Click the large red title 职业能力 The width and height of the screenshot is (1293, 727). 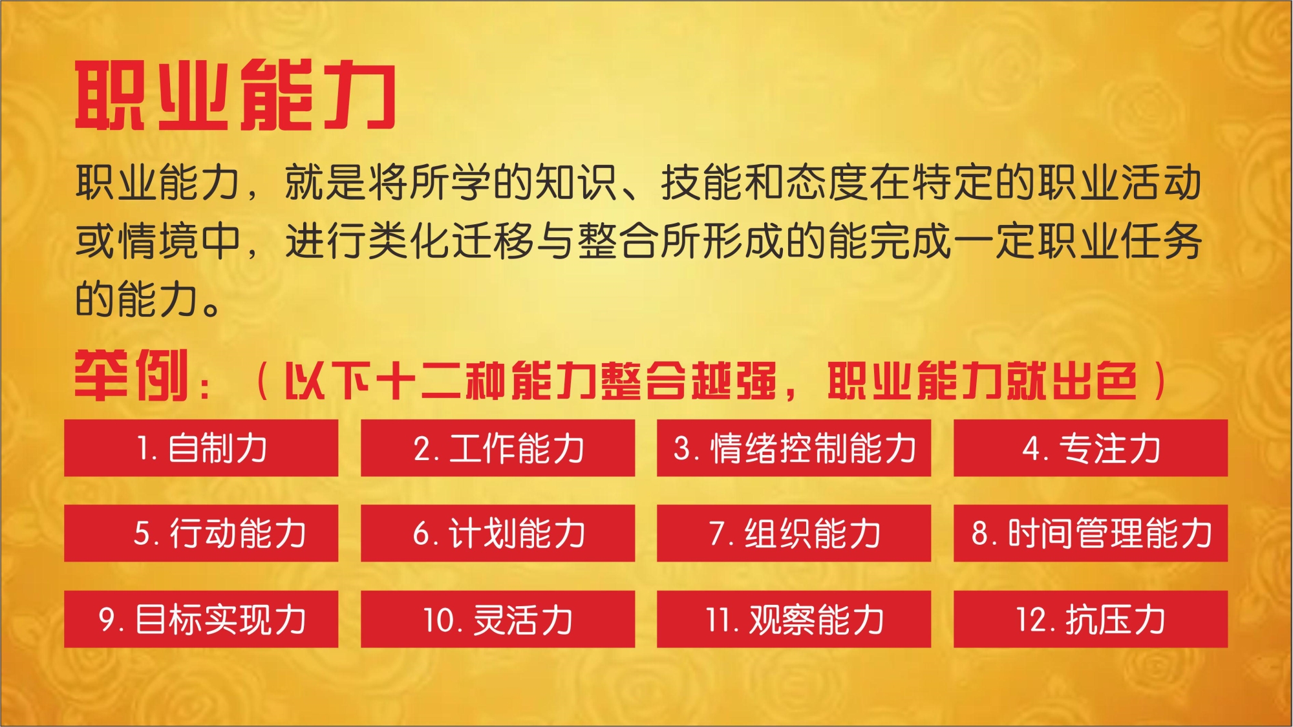(x=236, y=95)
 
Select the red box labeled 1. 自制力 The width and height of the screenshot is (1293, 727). (x=201, y=448)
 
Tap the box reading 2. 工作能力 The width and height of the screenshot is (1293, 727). (x=498, y=448)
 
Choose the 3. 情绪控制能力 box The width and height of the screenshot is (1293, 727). (x=794, y=448)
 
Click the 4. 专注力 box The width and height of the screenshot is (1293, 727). (x=1091, y=448)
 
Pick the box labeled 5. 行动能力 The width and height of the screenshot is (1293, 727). (x=201, y=533)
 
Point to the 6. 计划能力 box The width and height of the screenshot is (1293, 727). (x=498, y=533)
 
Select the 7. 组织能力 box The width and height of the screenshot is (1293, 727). (x=794, y=533)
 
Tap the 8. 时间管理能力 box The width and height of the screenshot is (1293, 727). (x=1091, y=533)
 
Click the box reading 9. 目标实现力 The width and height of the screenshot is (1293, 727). (x=201, y=619)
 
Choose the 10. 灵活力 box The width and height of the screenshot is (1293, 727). (x=498, y=619)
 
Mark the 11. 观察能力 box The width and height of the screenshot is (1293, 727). (x=794, y=619)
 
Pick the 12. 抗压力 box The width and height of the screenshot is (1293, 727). (x=1091, y=619)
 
